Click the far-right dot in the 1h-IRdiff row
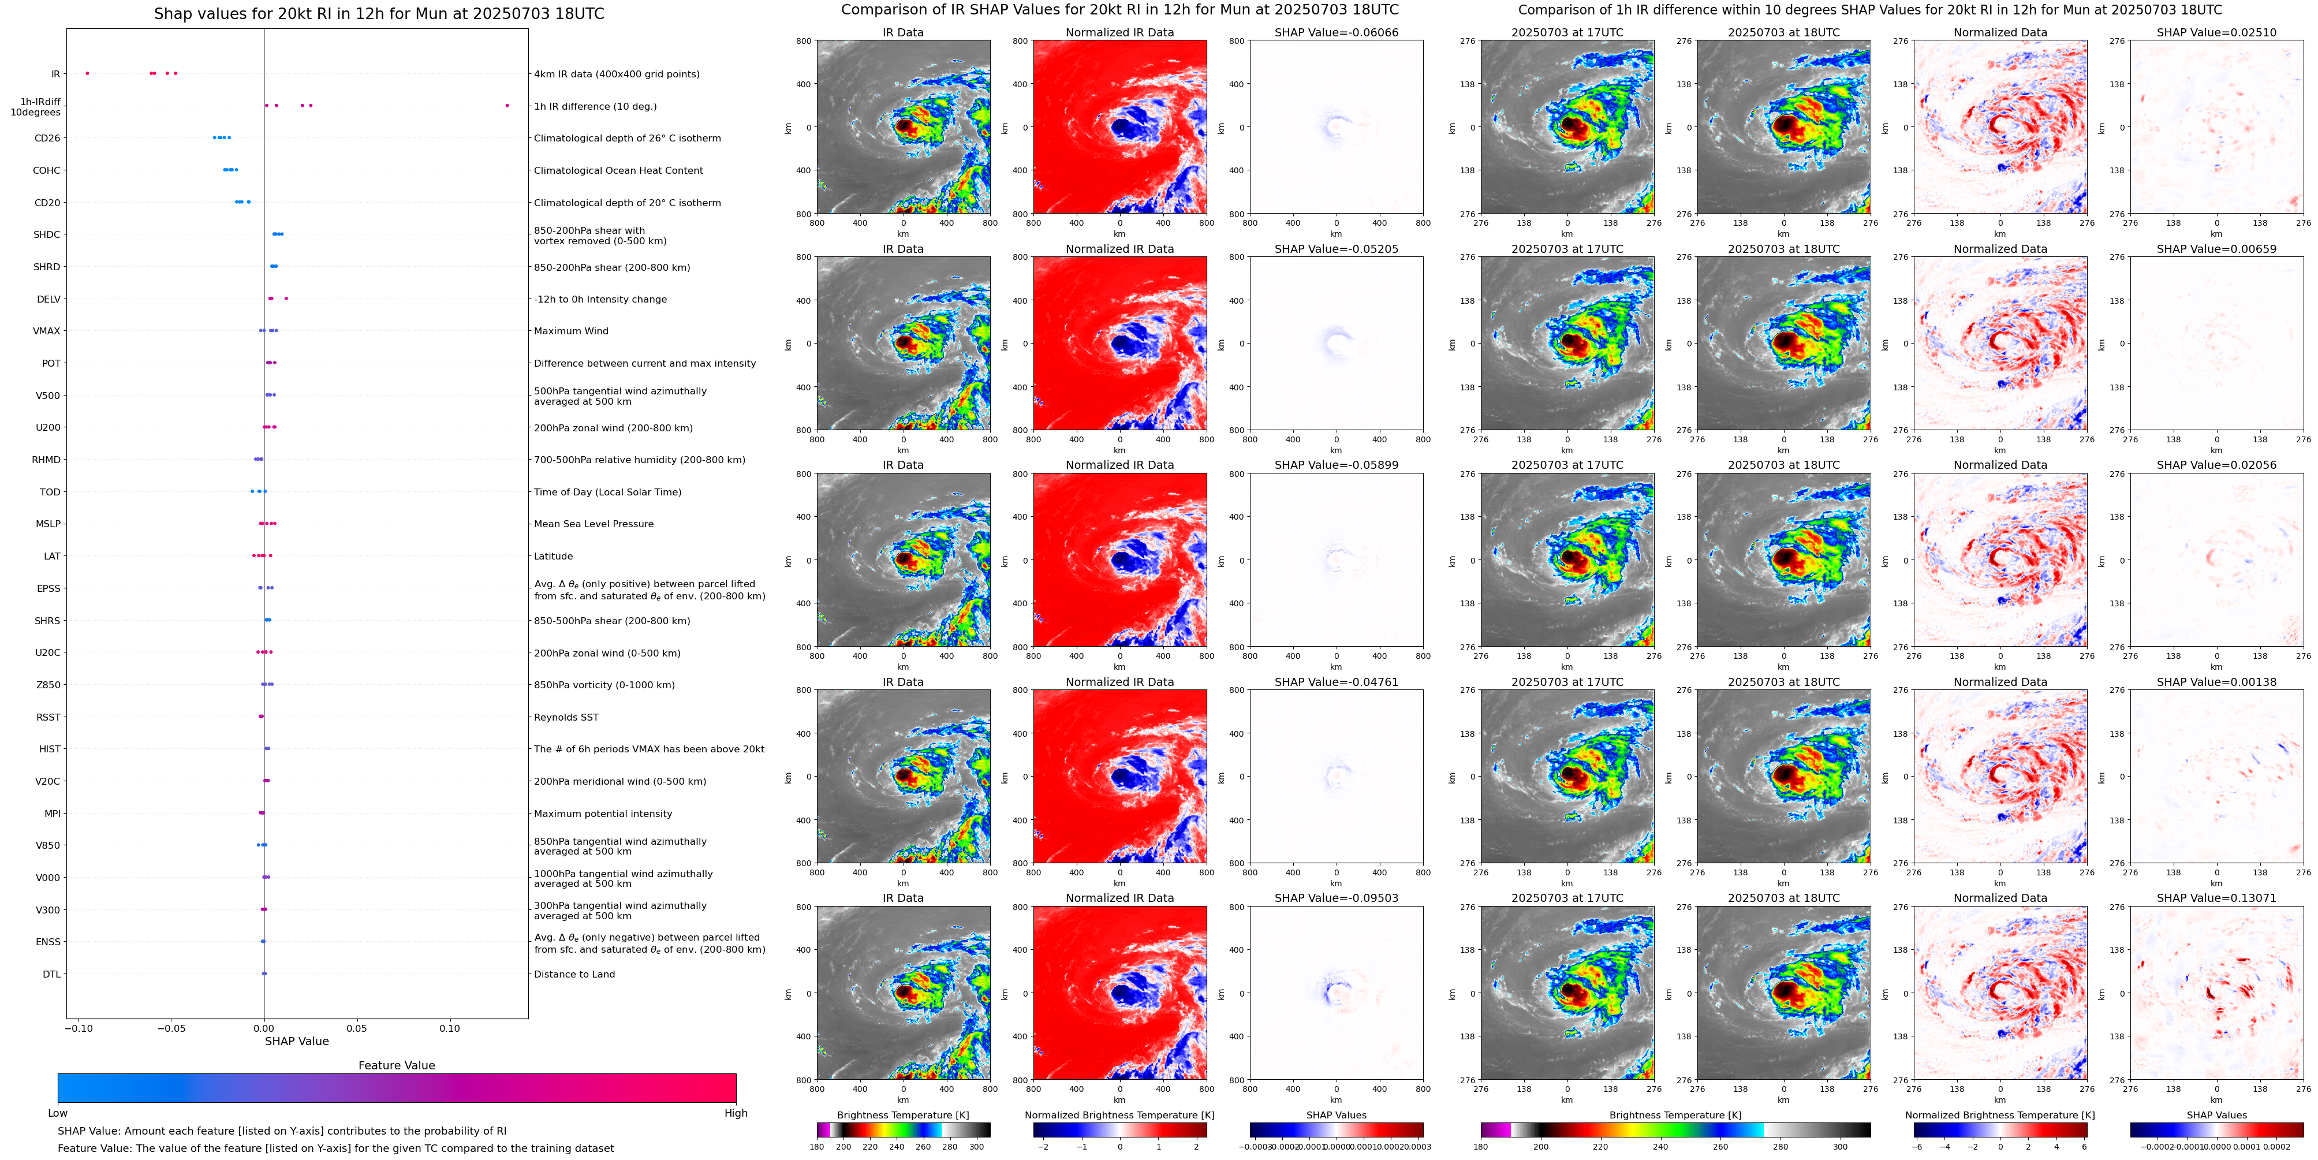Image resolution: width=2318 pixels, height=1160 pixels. [x=507, y=105]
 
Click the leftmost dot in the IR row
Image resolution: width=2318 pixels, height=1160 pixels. [x=87, y=73]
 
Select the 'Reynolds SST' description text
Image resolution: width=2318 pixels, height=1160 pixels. [x=566, y=717]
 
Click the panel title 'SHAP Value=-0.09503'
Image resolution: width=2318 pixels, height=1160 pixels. [x=1337, y=898]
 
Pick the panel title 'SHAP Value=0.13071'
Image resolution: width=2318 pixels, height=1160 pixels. [x=2216, y=898]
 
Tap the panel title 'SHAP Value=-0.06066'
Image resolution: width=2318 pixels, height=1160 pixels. [x=1337, y=32]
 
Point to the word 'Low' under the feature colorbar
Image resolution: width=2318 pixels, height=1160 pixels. [x=58, y=1113]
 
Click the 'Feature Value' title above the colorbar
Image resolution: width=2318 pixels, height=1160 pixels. [x=396, y=1065]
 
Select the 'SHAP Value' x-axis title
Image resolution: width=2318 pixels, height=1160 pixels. [x=296, y=1041]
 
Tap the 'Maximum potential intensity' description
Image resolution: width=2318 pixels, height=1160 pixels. [x=603, y=814]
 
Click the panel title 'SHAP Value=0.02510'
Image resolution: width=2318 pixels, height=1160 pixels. [x=2216, y=32]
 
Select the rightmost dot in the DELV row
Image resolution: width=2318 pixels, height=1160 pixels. [x=286, y=298]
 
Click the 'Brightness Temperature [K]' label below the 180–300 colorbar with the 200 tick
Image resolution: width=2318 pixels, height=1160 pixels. [x=902, y=1115]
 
